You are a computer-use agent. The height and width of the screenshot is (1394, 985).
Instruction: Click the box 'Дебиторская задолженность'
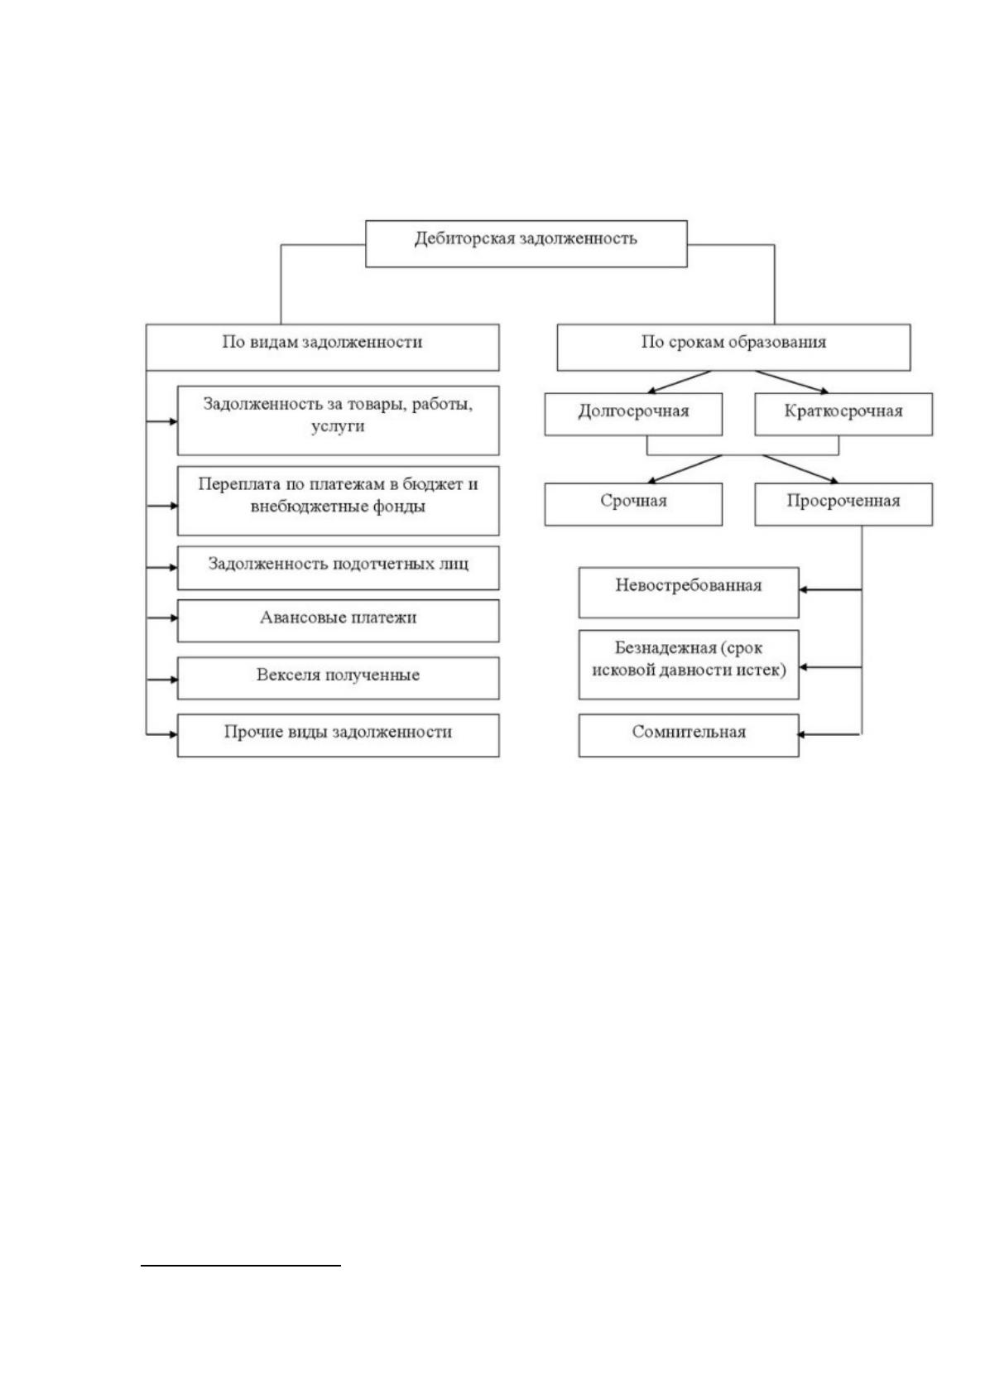pos(526,243)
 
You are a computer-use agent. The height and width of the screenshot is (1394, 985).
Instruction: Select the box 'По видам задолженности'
pos(322,347)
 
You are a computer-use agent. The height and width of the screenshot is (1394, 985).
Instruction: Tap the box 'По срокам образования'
pos(733,347)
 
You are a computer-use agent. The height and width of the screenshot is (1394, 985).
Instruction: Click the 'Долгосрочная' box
pos(633,414)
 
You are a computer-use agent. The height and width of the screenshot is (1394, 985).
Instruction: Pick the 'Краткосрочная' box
pos(843,414)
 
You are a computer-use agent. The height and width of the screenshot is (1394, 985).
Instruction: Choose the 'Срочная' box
pos(633,504)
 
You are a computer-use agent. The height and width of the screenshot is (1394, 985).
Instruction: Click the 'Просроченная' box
pos(843,504)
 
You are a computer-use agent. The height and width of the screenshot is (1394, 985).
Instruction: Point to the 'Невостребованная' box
pos(689,593)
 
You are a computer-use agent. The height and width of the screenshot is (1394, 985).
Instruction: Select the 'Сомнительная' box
pos(689,736)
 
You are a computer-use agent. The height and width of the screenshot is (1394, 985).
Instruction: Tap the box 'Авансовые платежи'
pos(338,621)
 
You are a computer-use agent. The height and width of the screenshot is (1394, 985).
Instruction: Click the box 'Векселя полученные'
pos(338,678)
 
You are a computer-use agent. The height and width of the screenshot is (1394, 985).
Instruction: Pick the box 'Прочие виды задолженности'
pos(338,736)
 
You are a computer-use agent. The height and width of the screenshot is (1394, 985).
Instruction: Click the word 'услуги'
pos(338,426)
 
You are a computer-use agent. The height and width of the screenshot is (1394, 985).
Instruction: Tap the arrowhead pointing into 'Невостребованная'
pos(803,589)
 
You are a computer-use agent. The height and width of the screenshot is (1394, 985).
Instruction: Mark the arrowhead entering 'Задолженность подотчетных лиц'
pos(173,568)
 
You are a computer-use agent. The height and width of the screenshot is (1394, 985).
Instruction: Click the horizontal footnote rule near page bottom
pos(241,1265)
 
